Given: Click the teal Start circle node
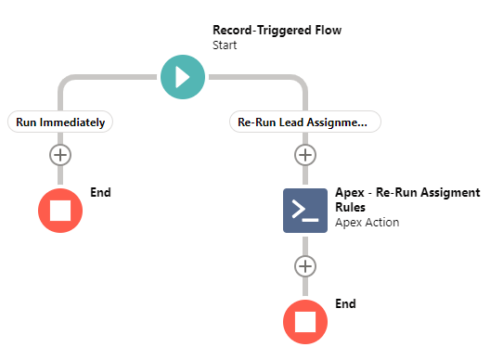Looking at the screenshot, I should coord(182,75).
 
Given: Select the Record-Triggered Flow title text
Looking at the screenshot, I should coord(277,30).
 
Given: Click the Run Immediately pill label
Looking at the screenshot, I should coord(60,122).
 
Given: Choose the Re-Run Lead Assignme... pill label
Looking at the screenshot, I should coord(304,122).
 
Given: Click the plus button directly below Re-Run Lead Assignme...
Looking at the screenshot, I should coord(304,154).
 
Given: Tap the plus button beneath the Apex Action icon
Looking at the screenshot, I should coord(304,266).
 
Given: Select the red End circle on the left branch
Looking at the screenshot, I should coord(60,210).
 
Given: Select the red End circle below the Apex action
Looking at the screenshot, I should coord(304,322).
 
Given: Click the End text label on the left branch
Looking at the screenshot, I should coord(100,192).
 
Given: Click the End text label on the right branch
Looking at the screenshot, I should coord(345,303).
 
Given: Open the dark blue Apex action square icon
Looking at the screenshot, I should coord(304,211).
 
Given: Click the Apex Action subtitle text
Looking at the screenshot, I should coord(367,223).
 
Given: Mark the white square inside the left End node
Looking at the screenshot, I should coord(60,210).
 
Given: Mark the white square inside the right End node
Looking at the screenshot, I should coord(304,322).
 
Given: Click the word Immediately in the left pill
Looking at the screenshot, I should coord(73,122).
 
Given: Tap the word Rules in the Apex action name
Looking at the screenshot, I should coord(353,207).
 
